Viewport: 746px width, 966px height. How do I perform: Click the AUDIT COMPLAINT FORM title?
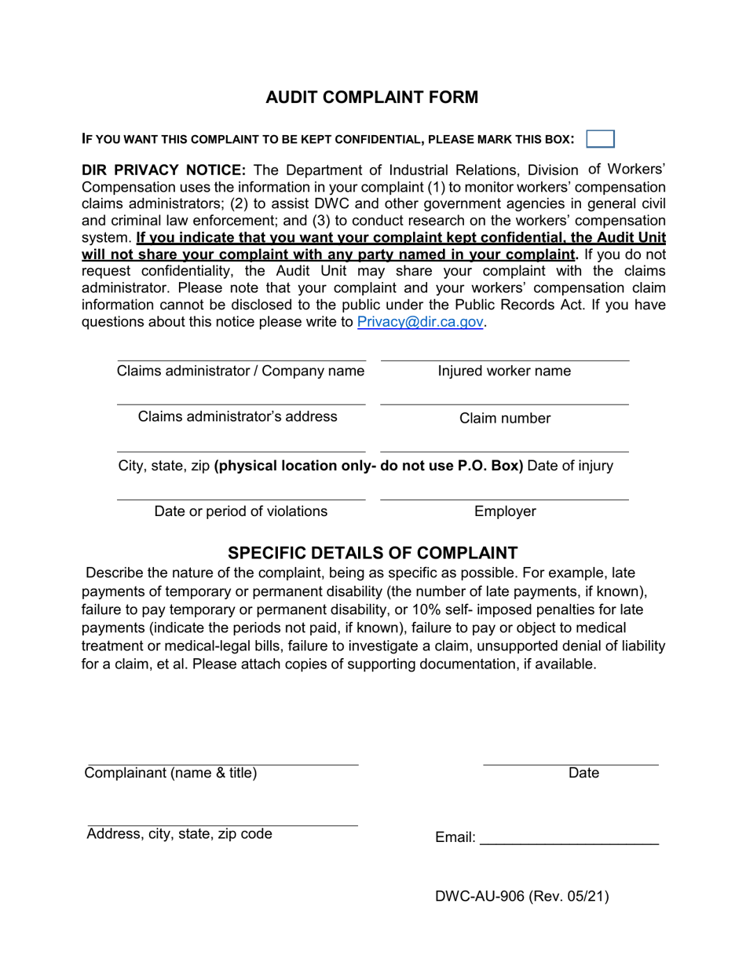(371, 97)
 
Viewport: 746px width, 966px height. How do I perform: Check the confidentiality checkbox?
(601, 139)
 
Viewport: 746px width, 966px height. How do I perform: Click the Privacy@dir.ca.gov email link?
(419, 322)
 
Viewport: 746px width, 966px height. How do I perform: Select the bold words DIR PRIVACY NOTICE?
(164, 170)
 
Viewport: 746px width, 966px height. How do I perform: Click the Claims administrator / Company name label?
(240, 371)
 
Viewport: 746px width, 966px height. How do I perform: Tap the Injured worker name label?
(504, 371)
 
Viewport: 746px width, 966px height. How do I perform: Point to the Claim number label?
(504, 419)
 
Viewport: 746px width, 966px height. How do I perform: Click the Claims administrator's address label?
(237, 416)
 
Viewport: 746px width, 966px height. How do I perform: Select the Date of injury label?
(570, 466)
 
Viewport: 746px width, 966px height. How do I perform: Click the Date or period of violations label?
(240, 511)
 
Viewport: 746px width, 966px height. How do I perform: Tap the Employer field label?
(504, 511)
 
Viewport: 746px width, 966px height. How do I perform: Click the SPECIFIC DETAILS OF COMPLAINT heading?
(372, 552)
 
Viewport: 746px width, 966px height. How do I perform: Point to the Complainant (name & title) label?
(170, 773)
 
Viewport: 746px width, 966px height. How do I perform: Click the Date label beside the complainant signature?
(583, 773)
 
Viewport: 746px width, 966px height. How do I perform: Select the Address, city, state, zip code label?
(179, 834)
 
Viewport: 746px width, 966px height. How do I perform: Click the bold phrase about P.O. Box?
(368, 466)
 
